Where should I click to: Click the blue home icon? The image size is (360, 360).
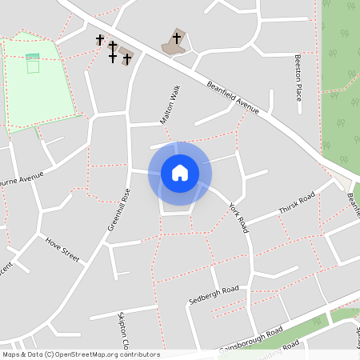coord(179,173)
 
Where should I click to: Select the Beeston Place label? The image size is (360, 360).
coord(298,78)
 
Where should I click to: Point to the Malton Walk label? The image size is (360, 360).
coord(169,103)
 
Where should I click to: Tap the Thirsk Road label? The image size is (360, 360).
coord(297,204)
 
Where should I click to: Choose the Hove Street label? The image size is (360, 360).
coord(63,249)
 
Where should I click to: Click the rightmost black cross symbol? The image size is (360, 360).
coord(177,38)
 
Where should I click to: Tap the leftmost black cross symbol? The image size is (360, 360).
coord(100,39)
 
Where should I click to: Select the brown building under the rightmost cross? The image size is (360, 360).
coord(175,43)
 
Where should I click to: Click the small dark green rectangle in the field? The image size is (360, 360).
coord(32,57)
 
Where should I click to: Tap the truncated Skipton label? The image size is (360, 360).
coord(125,329)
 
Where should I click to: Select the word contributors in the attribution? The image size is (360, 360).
coord(138,354)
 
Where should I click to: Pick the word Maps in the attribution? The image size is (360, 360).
coord(11,354)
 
